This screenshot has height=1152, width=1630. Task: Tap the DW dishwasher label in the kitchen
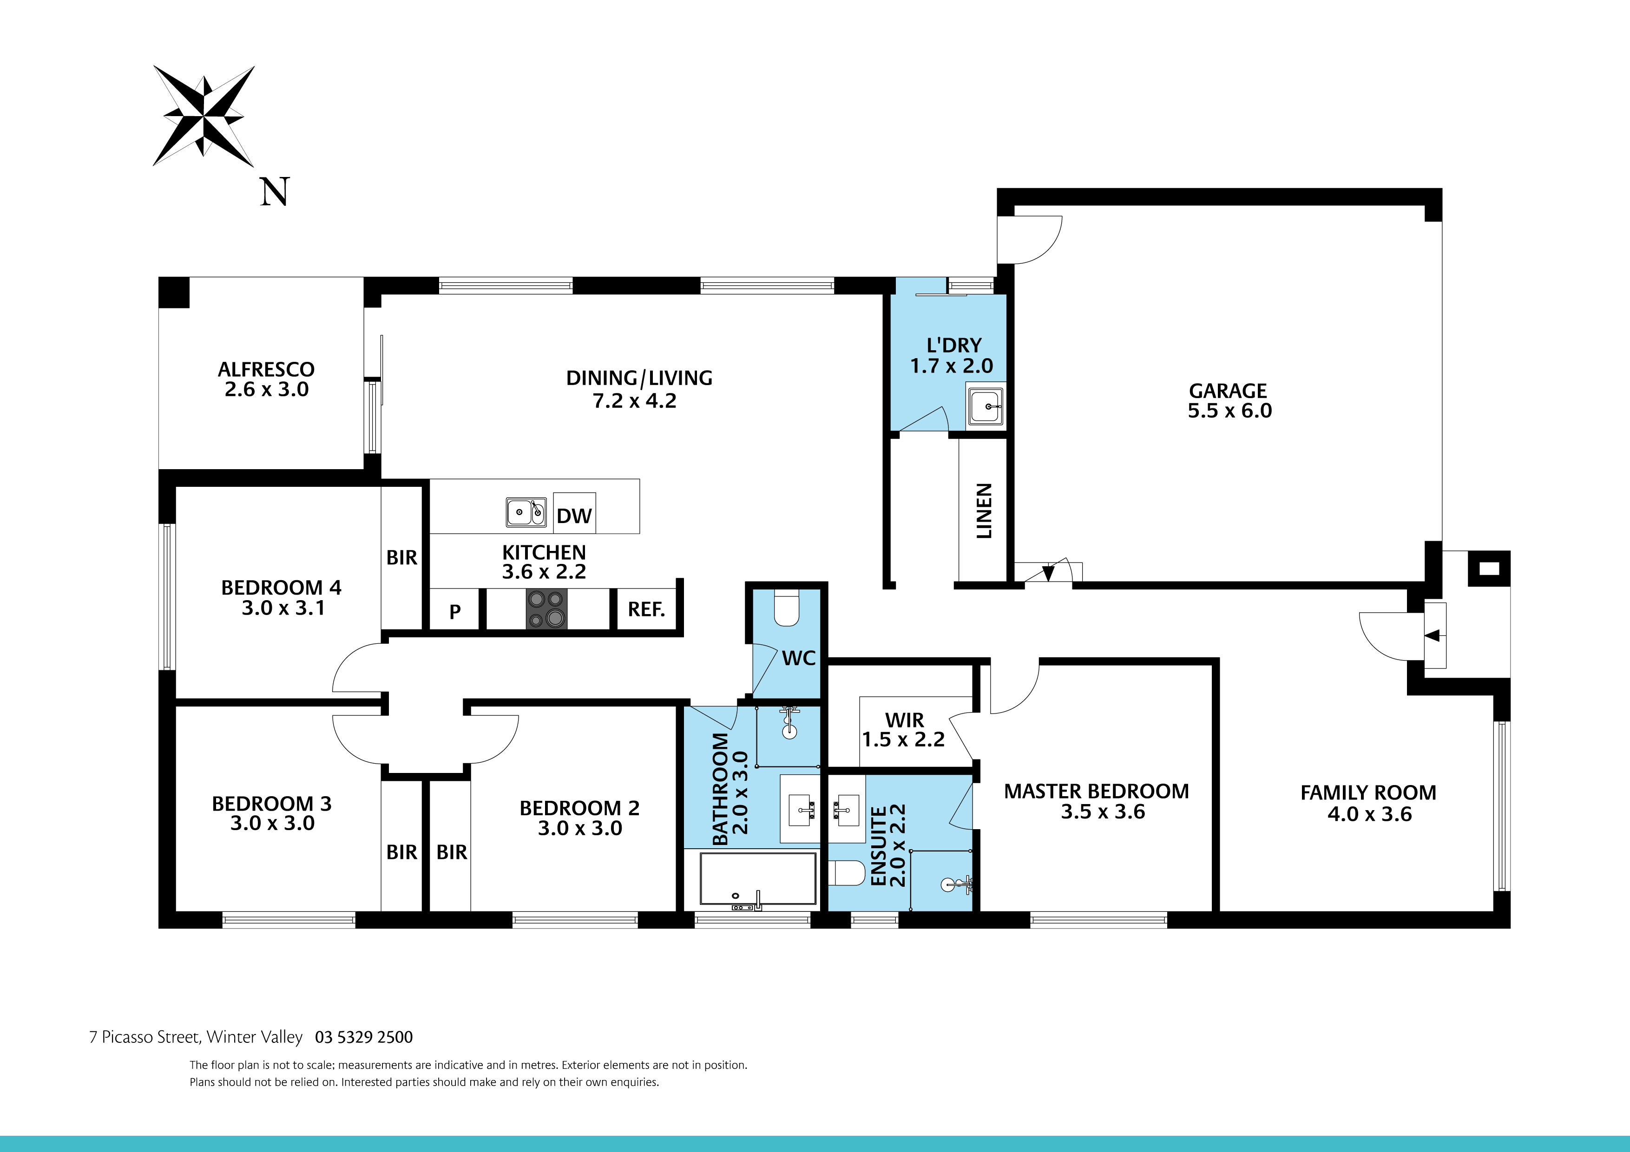574,516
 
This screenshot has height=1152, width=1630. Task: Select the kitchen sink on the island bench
526,512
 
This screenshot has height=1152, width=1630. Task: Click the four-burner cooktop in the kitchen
546,609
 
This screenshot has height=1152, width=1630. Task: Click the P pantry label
455,611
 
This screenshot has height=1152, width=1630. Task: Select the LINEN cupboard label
984,511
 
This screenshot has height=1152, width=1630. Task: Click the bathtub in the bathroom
757,879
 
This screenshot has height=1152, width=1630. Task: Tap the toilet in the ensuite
846,873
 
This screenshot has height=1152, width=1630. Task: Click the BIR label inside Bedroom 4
402,558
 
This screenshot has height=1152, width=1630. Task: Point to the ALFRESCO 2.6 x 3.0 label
266,379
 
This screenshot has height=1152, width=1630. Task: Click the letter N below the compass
275,192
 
